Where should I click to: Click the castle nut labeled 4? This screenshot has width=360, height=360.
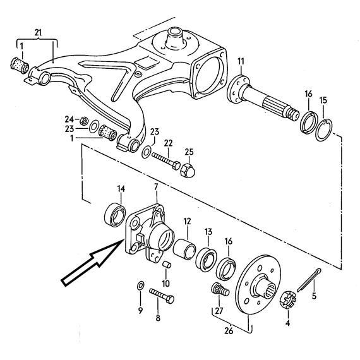[x=288, y=300]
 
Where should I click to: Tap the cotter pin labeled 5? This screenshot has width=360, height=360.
[x=309, y=280]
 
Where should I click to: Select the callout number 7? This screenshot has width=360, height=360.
[x=156, y=187]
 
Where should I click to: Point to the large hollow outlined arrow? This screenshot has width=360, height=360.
[x=92, y=262]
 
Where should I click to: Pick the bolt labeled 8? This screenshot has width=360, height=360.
[x=162, y=295]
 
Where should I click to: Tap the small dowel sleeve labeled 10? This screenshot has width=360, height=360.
[x=167, y=265]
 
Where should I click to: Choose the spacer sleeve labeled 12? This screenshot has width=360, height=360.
[x=184, y=248]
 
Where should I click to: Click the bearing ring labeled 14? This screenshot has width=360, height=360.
[x=115, y=214]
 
